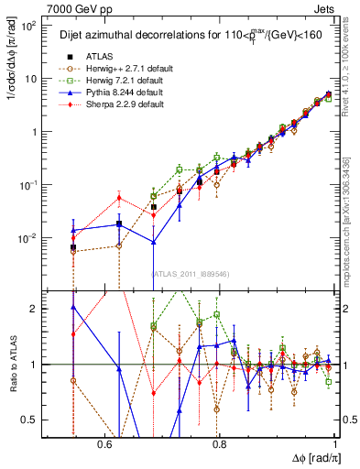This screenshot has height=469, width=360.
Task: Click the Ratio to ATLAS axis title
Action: click(10, 364)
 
